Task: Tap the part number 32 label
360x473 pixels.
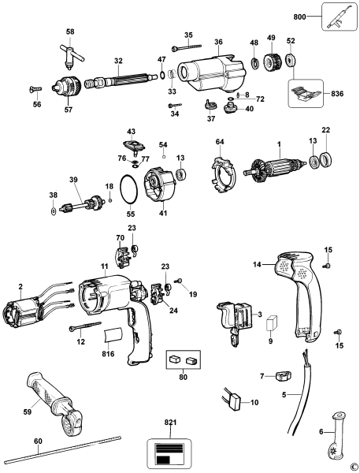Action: [118, 60]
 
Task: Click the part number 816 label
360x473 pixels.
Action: [109, 356]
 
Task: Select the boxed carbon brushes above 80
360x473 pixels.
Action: [182, 359]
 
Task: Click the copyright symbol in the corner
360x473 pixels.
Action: [354, 467]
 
